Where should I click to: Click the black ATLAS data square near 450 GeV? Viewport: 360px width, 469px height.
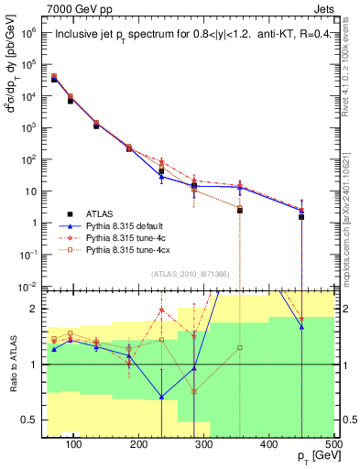(x=301, y=217)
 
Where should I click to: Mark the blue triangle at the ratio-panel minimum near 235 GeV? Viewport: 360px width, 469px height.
(x=161, y=397)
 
